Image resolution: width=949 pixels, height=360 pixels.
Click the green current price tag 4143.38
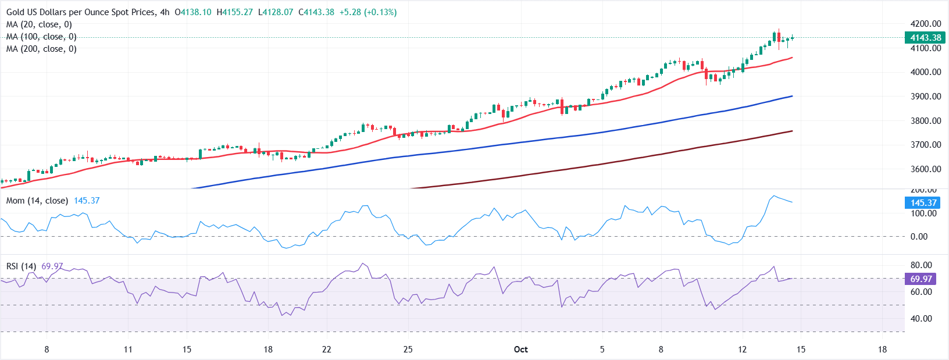click(925, 38)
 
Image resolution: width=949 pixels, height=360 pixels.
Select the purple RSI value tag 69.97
click(921, 279)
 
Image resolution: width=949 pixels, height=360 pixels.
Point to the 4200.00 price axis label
click(926, 24)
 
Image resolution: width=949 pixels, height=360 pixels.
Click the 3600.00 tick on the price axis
click(926, 169)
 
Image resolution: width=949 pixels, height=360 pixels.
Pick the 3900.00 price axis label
click(926, 97)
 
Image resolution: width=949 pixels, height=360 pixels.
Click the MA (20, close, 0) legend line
click(39, 24)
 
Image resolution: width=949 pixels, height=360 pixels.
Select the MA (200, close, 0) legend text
click(41, 49)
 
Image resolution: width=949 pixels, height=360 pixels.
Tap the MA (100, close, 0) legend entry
click(41, 37)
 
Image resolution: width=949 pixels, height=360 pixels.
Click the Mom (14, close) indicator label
click(37, 201)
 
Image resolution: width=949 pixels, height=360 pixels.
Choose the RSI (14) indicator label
click(21, 266)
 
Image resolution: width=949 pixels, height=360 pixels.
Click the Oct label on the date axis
click(521, 350)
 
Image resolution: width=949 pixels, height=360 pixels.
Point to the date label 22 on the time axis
click(327, 350)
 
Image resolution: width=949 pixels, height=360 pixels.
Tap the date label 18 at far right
click(882, 350)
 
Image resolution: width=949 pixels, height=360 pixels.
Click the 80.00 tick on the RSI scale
click(921, 265)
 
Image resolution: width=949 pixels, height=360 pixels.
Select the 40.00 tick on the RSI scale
click(921, 319)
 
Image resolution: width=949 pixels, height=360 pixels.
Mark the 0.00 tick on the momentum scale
click(919, 237)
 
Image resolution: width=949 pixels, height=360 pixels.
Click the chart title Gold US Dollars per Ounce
click(81, 12)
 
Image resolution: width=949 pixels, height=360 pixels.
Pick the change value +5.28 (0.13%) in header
click(368, 12)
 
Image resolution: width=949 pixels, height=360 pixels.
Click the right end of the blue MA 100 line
click(792, 96)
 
